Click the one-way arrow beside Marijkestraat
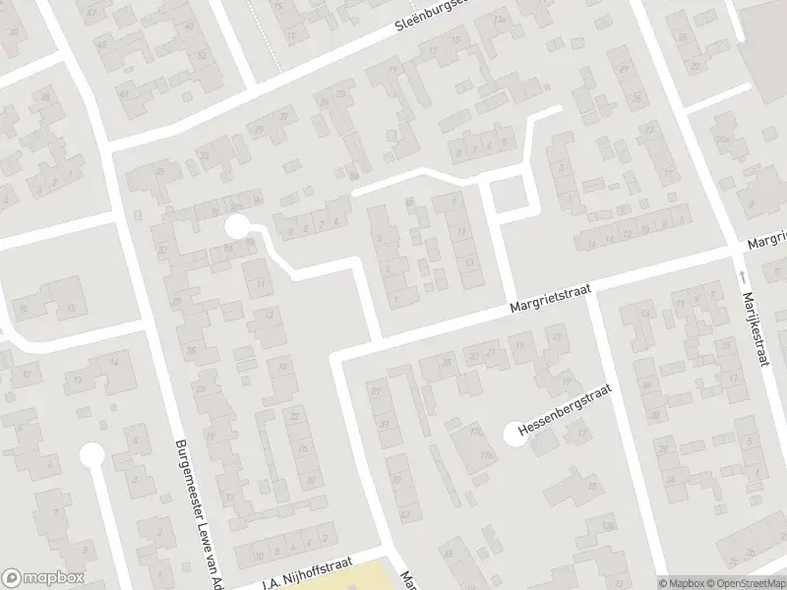pyautogui.click(x=739, y=278)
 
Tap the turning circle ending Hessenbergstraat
pyautogui.click(x=514, y=434)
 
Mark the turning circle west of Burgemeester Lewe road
pyautogui.click(x=91, y=455)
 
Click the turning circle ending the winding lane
pyautogui.click(x=236, y=227)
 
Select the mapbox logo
pyautogui.click(x=42, y=578)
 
